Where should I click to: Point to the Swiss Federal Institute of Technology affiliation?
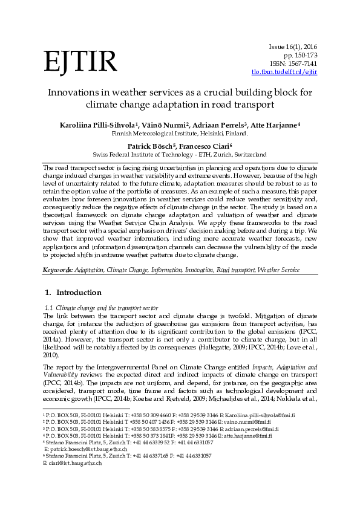click(180, 155)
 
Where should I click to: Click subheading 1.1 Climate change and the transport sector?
click(102, 308)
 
